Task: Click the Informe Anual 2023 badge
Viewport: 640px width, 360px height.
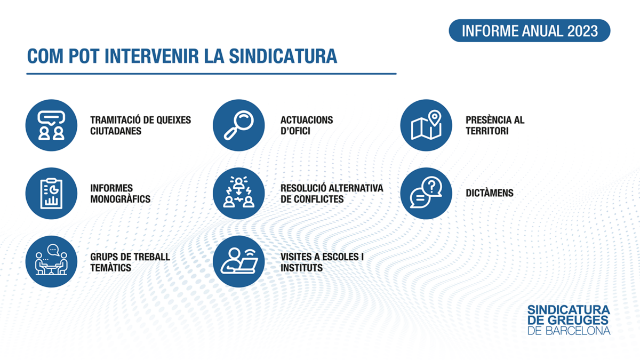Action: point(530,30)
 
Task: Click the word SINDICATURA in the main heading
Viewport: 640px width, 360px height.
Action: point(283,56)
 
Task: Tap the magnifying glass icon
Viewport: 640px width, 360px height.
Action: point(238,125)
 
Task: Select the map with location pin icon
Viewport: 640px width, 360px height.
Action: point(426,125)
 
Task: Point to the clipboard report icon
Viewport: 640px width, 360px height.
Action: point(51,194)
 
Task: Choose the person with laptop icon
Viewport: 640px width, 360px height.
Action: point(238,261)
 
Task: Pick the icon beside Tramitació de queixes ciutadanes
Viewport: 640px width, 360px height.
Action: point(51,125)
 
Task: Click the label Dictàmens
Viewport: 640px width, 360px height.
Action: point(490,193)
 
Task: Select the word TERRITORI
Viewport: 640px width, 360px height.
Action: point(487,131)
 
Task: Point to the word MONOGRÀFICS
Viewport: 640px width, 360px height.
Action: point(121,199)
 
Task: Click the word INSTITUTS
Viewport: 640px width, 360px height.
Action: point(301,268)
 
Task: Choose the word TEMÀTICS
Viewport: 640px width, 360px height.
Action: point(110,268)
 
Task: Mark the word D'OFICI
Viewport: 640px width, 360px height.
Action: point(295,131)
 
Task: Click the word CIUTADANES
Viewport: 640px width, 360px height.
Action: point(116,131)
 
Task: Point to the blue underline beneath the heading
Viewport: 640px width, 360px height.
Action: point(211,74)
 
